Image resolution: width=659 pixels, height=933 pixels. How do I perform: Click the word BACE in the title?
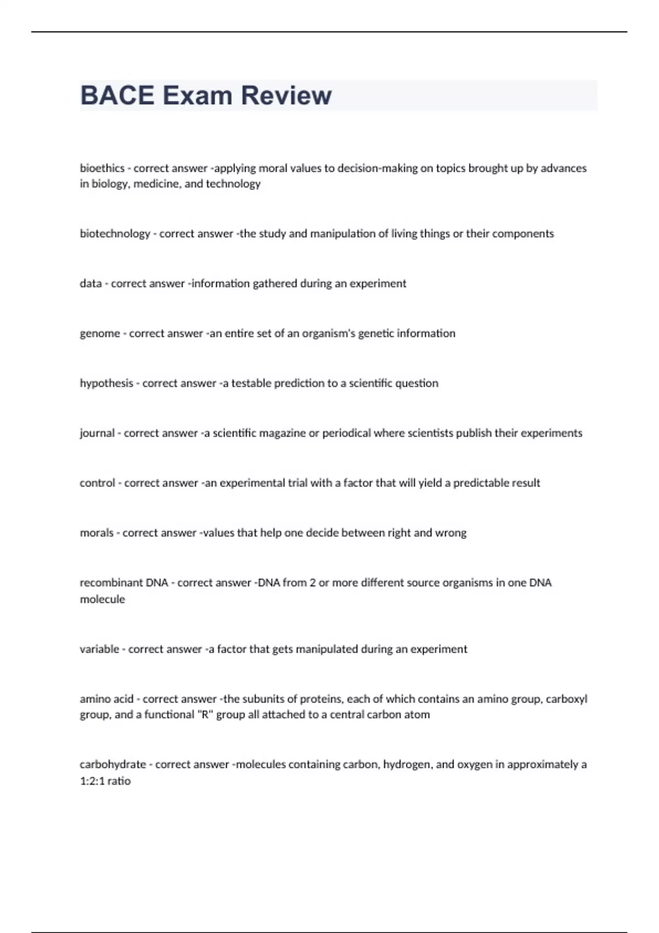click(x=117, y=95)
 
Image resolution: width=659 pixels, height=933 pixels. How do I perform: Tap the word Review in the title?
click(x=286, y=95)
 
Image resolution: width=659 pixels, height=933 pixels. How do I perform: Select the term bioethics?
click(x=102, y=168)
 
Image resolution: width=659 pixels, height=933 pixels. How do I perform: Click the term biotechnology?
click(x=115, y=234)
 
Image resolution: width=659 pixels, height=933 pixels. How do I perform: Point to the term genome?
click(x=100, y=334)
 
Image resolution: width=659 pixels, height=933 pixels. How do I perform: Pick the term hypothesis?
click(x=107, y=383)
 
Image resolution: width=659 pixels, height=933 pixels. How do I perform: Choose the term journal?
click(x=97, y=433)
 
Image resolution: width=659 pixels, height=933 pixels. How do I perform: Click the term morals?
click(x=97, y=533)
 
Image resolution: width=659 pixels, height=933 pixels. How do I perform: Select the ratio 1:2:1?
click(x=92, y=781)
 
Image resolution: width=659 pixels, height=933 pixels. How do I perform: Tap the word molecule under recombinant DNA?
click(x=102, y=599)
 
